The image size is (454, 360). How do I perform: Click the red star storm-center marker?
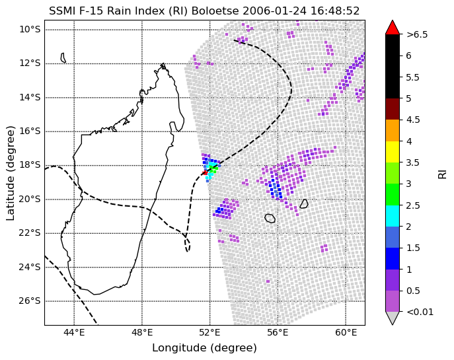coord(205,173)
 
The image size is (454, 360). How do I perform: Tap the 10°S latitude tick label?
coord(30,30)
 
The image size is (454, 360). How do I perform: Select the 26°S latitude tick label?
coord(30,301)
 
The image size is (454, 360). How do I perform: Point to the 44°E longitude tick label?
coord(75,332)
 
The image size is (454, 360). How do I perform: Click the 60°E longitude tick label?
coord(346,332)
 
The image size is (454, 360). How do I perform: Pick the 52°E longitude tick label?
coord(210,332)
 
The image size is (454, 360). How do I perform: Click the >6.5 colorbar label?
coord(417,34)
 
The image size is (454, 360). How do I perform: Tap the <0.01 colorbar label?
coord(420,312)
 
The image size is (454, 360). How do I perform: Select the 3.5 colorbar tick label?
coord(413,162)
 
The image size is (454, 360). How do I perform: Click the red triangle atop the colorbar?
coord(393,28)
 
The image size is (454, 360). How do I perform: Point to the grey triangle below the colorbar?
coord(393,318)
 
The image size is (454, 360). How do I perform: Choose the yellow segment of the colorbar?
coord(393,152)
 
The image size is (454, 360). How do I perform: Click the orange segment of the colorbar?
coord(393,130)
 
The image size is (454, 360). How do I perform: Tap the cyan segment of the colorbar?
coord(393,215)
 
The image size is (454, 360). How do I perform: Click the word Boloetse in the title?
coord(215,11)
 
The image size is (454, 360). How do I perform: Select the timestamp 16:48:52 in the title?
coord(335,11)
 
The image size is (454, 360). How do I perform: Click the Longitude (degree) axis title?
coord(204,348)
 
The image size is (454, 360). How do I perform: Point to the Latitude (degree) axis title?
coord(11,173)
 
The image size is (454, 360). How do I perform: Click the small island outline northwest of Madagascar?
coord(63,57)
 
